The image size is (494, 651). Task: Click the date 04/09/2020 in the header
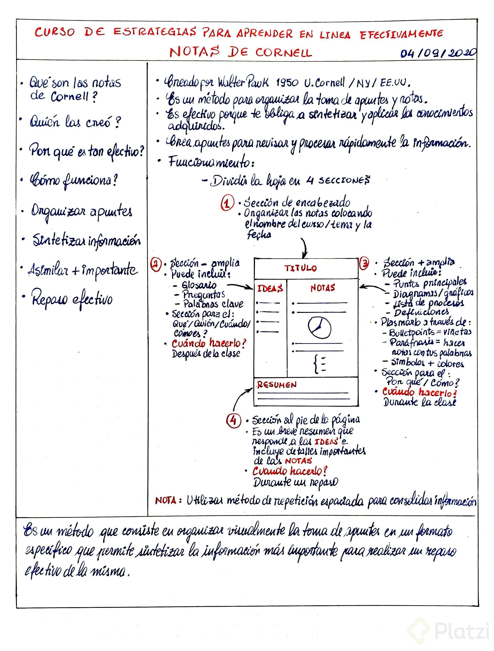pyautogui.click(x=438, y=53)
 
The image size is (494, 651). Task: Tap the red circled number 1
pyautogui.click(x=227, y=203)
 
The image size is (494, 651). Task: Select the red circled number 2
pyautogui.click(x=156, y=264)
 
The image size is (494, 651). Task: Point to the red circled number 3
pyautogui.click(x=364, y=264)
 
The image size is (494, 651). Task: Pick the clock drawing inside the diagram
pyautogui.click(x=319, y=328)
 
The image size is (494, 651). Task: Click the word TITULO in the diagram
pyautogui.click(x=300, y=268)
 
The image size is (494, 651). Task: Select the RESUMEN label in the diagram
pyautogui.click(x=277, y=385)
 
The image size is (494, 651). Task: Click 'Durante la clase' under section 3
pyautogui.click(x=419, y=402)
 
